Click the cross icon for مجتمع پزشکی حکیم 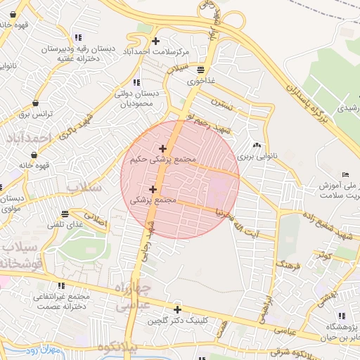click(163, 148)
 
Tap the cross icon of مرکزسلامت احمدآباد click(155, 41)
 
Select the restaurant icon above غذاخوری click(202, 70)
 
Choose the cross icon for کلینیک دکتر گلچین click(177, 309)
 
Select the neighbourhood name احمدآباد click(29, 138)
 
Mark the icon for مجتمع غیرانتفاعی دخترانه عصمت click(61, 285)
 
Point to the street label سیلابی click(179, 69)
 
